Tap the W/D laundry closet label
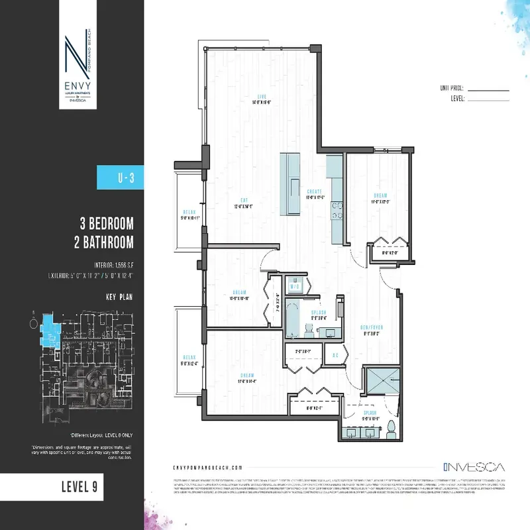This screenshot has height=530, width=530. coord(297,286)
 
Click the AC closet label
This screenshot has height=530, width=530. coord(337,354)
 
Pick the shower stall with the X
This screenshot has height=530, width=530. coord(381,382)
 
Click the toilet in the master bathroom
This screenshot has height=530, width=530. coord(391,429)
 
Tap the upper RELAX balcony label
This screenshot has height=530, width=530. coord(189,213)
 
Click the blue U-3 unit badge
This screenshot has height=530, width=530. coord(121,178)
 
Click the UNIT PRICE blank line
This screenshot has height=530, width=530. coord(488,88)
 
